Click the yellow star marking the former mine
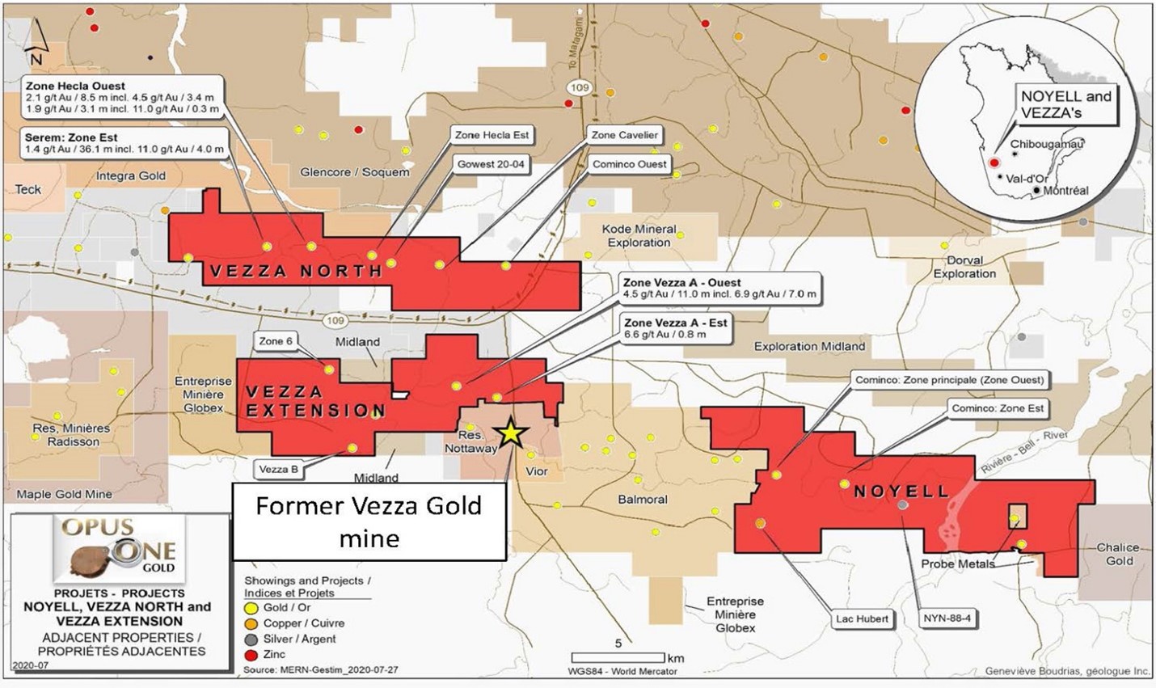(x=511, y=433)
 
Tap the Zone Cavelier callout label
(x=624, y=135)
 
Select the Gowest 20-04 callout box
(x=491, y=164)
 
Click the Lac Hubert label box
(x=862, y=619)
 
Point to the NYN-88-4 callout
(x=947, y=619)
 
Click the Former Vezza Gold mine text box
(x=369, y=521)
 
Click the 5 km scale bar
(x=618, y=657)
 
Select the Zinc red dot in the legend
(x=251, y=654)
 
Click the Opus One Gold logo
(x=120, y=550)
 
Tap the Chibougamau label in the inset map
(x=1047, y=144)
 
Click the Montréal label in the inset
(x=1065, y=191)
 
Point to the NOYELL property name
(x=901, y=492)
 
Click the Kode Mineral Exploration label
(x=639, y=235)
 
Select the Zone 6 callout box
(x=276, y=341)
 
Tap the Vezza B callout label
(x=278, y=469)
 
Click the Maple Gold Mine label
(x=65, y=494)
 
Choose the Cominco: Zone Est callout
(x=997, y=408)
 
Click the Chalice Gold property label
(x=1119, y=554)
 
